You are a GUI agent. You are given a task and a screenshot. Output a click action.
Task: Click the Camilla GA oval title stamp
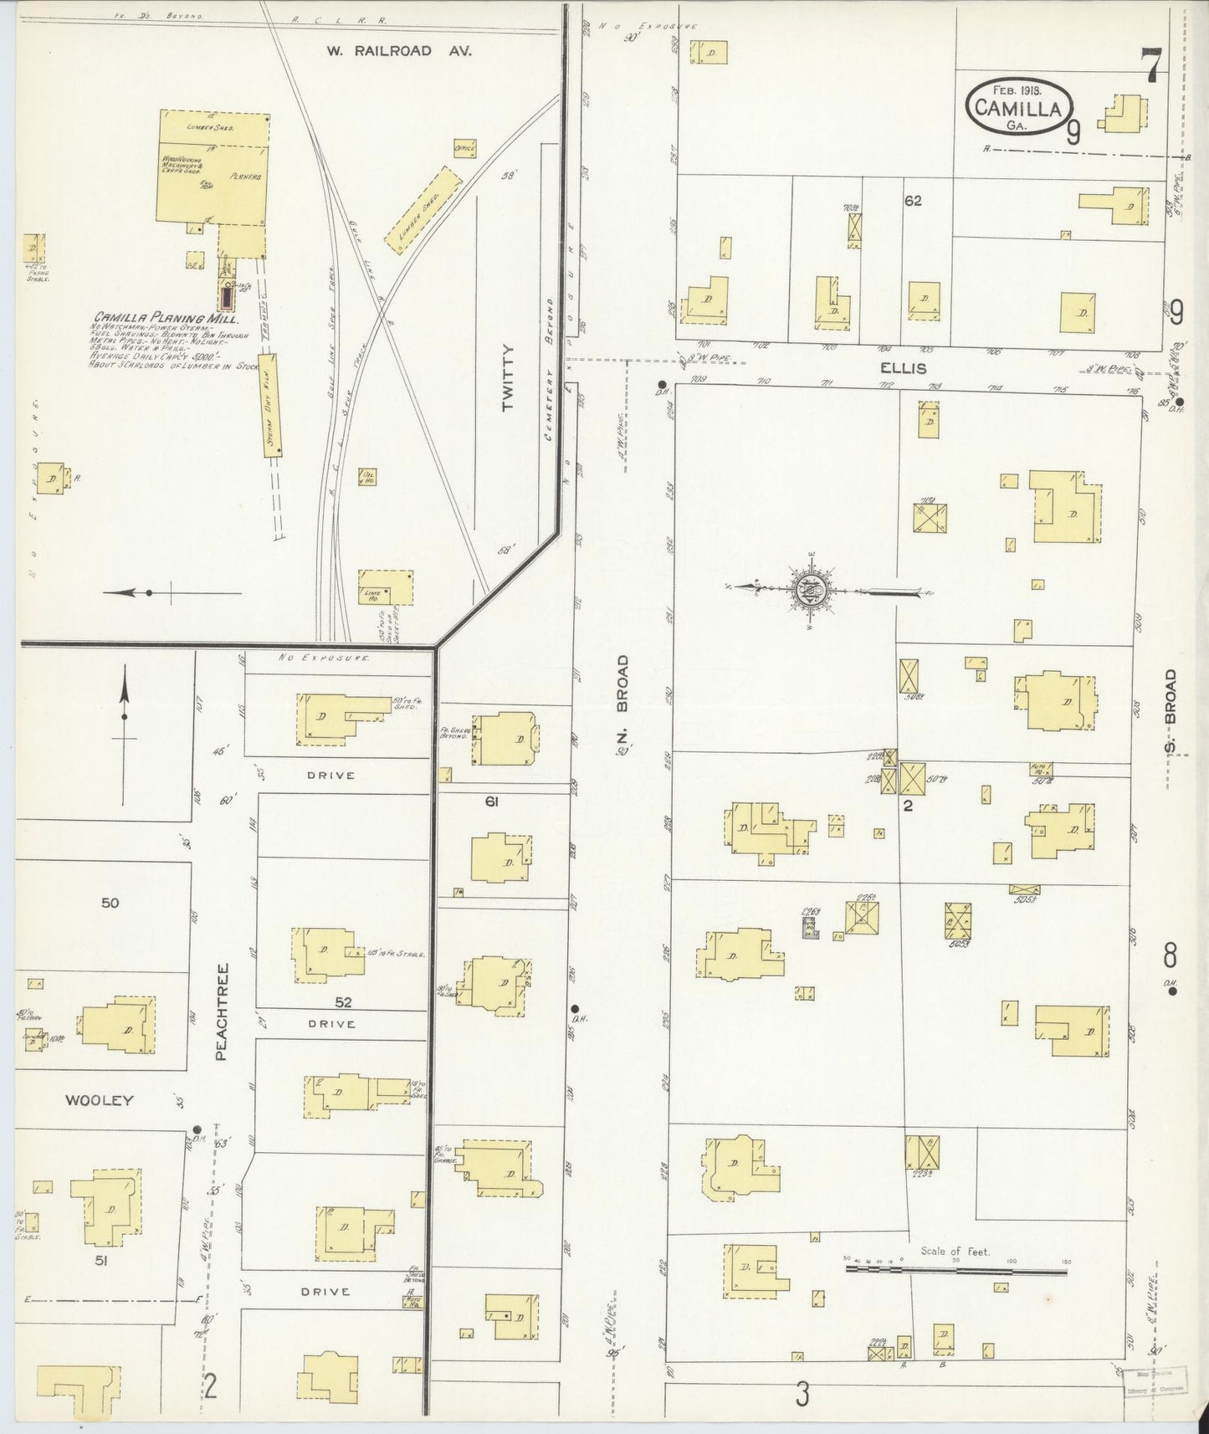(x=1017, y=106)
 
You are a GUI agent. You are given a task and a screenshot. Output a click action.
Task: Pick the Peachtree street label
(x=222, y=1011)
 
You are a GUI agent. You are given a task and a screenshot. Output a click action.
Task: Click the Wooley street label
(x=100, y=1100)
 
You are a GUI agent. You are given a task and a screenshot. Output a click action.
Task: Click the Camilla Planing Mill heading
(x=166, y=318)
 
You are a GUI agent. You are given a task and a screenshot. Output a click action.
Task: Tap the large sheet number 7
(x=1153, y=66)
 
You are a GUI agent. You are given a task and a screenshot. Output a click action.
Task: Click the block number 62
(x=912, y=201)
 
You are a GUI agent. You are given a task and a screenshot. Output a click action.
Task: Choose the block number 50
(x=110, y=903)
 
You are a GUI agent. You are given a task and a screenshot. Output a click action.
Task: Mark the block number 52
(x=342, y=1001)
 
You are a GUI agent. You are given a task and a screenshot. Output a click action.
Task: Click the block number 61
(x=491, y=802)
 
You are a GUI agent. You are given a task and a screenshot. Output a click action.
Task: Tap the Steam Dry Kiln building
(x=272, y=405)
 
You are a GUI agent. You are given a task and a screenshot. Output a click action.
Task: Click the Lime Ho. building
(x=386, y=587)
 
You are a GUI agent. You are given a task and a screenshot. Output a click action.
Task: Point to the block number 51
(x=102, y=1260)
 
